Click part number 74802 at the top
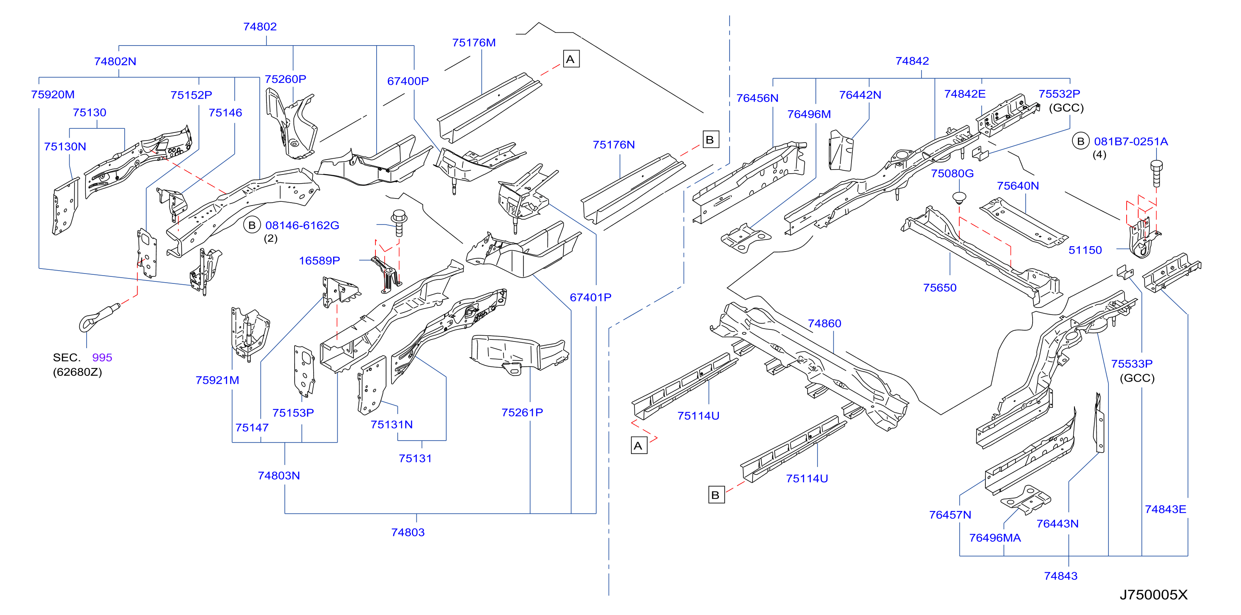click(x=260, y=27)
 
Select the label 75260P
click(x=285, y=79)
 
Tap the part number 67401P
click(x=590, y=298)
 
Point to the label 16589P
click(x=319, y=261)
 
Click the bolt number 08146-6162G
click(x=302, y=225)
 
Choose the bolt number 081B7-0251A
click(x=1131, y=141)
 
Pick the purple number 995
click(x=102, y=357)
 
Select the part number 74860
click(x=824, y=323)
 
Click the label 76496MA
click(x=995, y=538)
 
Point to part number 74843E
click(x=1165, y=509)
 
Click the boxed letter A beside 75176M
click(x=571, y=59)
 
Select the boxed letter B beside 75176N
click(x=711, y=140)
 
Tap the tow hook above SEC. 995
click(x=99, y=317)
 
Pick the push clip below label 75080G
click(x=959, y=199)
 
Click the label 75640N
click(x=1018, y=186)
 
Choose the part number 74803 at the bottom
click(x=408, y=532)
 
